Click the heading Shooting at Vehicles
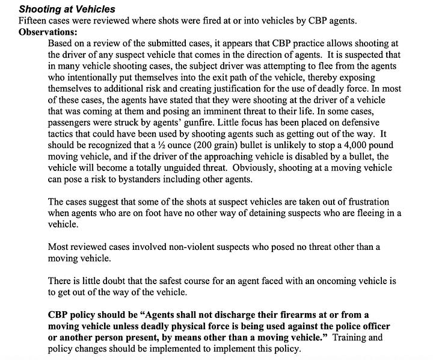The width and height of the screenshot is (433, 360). [x=67, y=9]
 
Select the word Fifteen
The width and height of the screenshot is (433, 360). [x=34, y=20]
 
